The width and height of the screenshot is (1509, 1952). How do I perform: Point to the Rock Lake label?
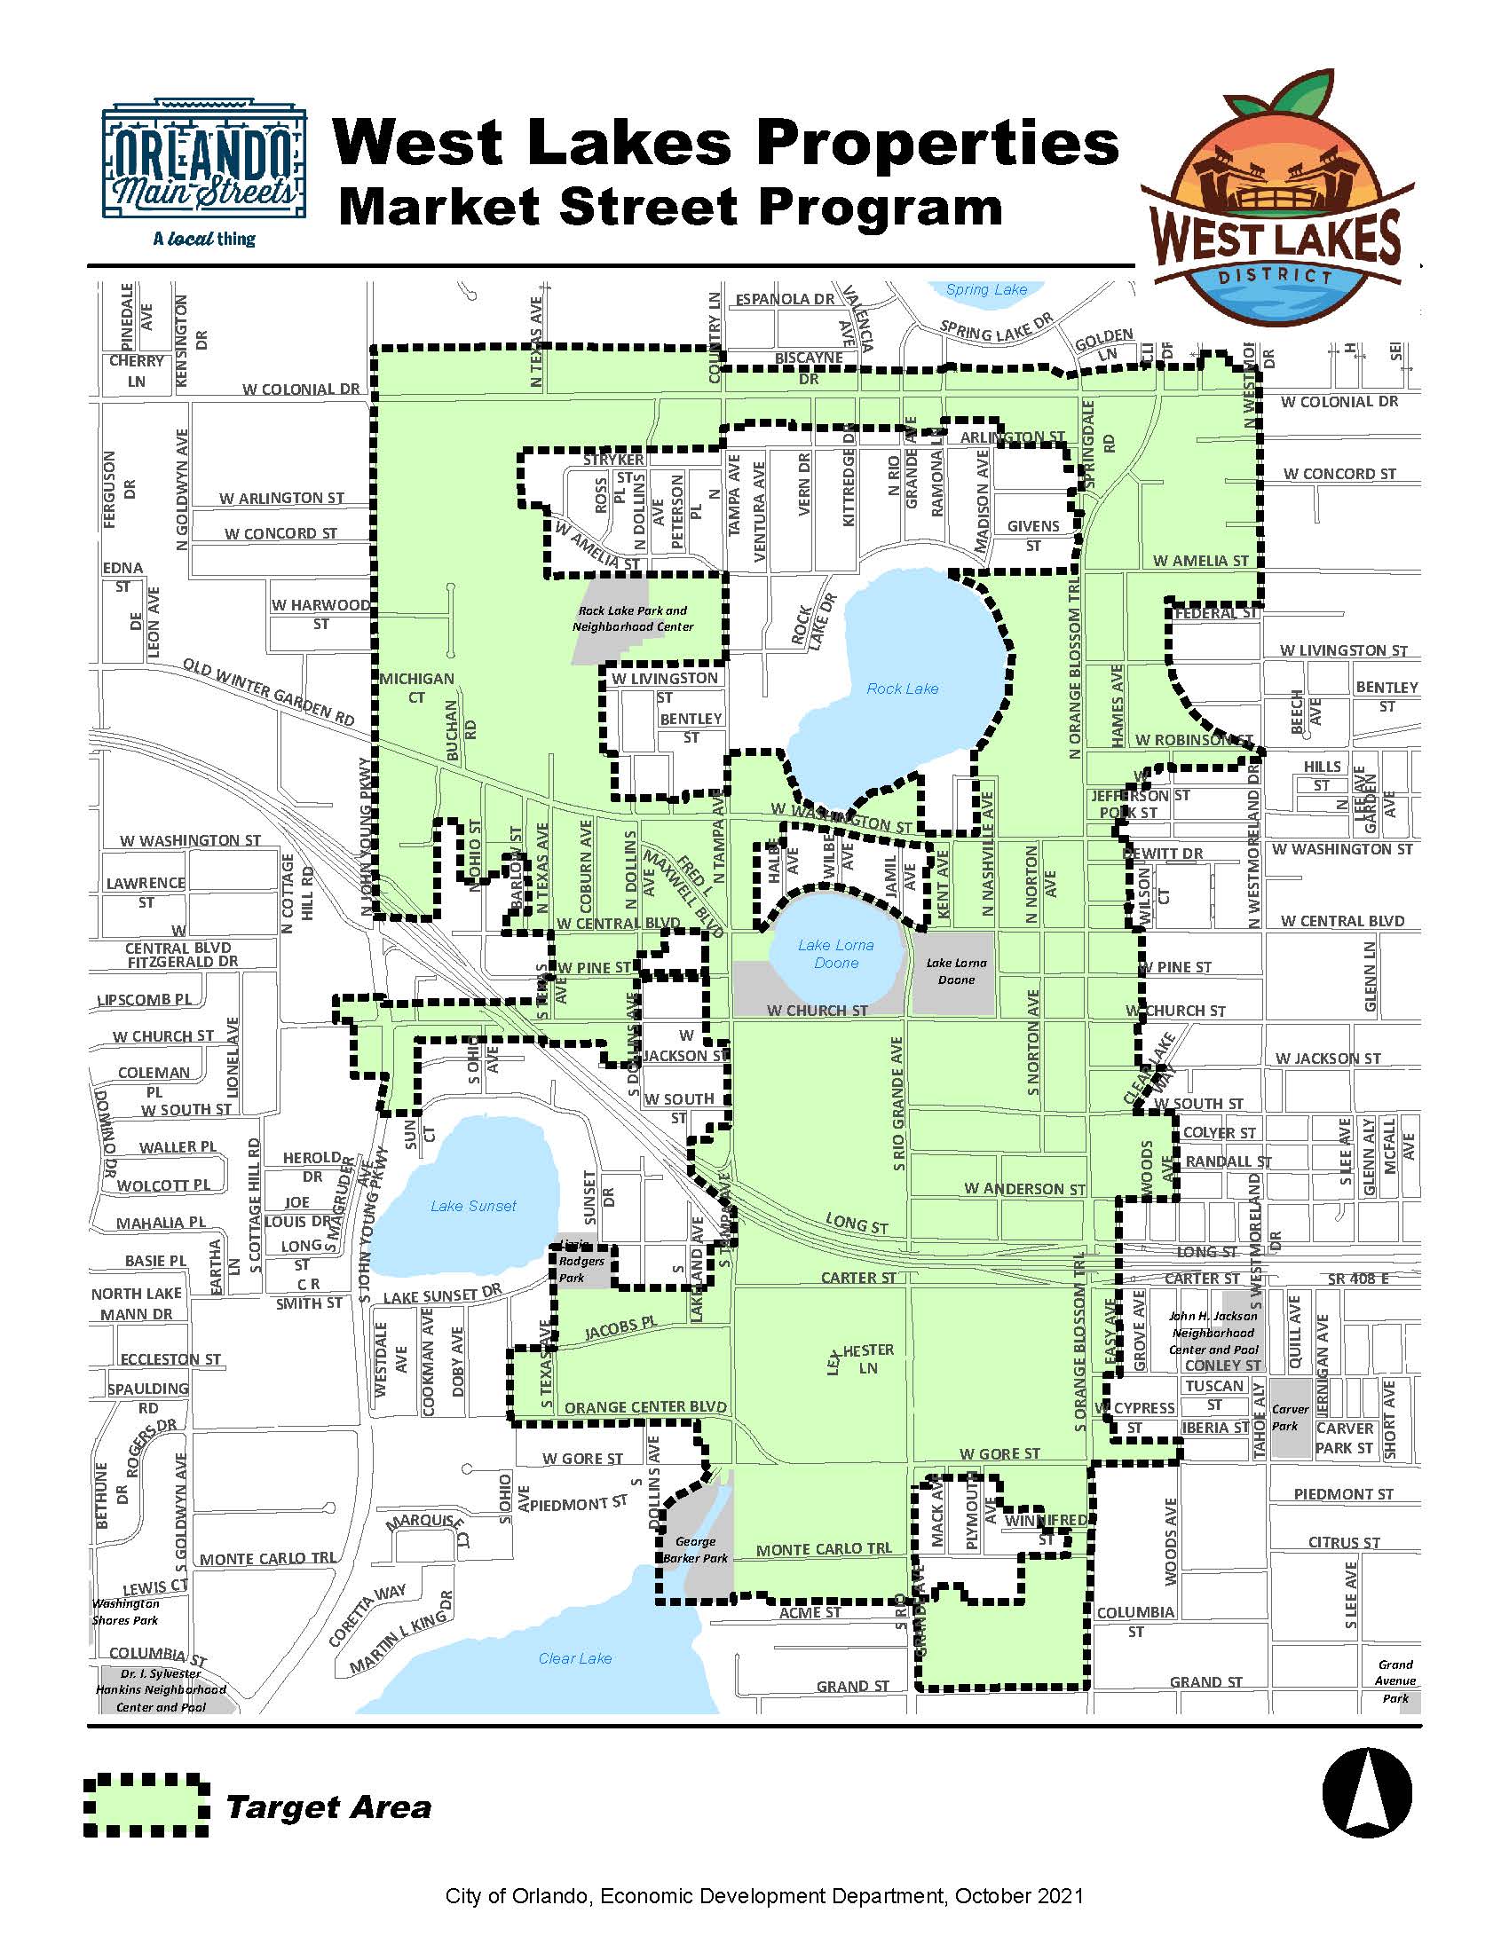902,689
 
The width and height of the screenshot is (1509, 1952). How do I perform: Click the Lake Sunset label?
473,1206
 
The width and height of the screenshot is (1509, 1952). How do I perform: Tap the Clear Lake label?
575,1658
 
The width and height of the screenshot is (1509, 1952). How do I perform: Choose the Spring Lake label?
986,289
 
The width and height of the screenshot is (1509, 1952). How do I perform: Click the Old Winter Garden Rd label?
268,693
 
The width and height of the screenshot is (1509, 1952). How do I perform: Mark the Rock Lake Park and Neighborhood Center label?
633,618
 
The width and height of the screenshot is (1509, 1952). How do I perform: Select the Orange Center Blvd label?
645,1407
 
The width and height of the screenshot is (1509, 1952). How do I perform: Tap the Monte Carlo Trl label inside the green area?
824,1549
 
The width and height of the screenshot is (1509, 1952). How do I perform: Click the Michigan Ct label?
416,688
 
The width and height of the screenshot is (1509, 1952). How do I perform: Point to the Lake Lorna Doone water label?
836,954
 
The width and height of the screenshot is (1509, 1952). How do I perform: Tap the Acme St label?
810,1612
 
